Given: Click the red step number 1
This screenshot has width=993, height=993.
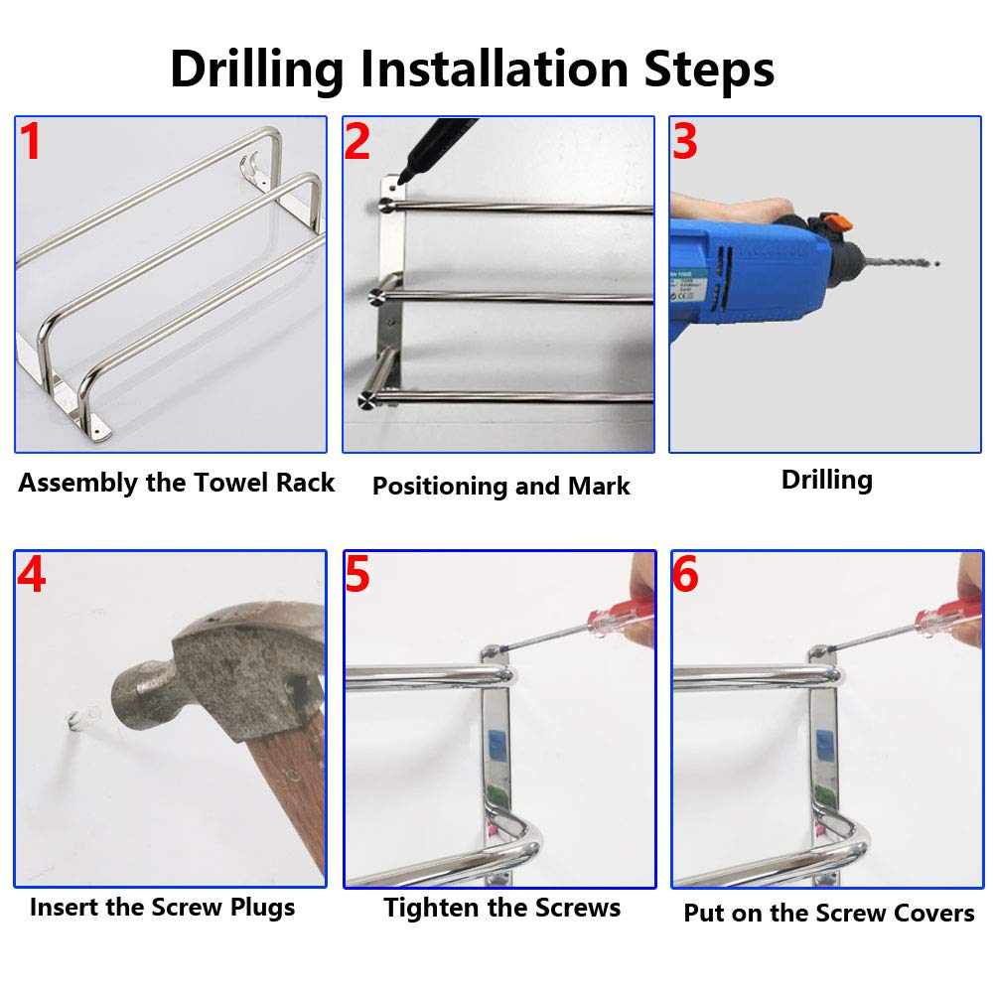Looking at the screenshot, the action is pyautogui.click(x=30, y=141).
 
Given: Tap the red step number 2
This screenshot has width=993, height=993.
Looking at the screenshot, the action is pyautogui.click(x=357, y=141).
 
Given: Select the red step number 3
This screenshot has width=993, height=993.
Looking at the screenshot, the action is pyautogui.click(x=685, y=141).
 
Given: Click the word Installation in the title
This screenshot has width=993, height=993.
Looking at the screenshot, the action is pyautogui.click(x=494, y=69).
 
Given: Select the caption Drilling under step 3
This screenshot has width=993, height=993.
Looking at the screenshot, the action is pyautogui.click(x=826, y=480).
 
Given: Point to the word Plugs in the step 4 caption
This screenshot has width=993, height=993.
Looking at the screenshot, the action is pyautogui.click(x=262, y=908).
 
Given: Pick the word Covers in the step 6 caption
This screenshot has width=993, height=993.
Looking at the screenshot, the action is pyautogui.click(x=934, y=914).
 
